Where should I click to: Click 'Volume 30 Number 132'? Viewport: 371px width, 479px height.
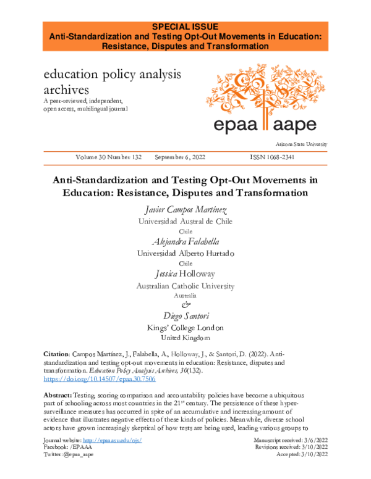tap(108, 157)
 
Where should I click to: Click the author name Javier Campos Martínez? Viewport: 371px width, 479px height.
tap(185, 210)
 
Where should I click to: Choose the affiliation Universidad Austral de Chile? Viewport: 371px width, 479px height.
tap(185, 221)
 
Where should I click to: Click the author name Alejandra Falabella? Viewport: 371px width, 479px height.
tap(185, 241)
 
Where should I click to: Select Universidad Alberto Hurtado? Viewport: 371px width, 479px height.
tap(185, 253)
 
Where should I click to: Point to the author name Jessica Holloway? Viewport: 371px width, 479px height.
tap(185, 273)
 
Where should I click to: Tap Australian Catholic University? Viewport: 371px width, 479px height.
tap(185, 285)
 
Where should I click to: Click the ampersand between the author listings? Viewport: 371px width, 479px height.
tap(185, 305)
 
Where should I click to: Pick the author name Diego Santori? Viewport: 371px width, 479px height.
tap(185, 316)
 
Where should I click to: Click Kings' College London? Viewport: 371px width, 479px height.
tap(185, 328)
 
